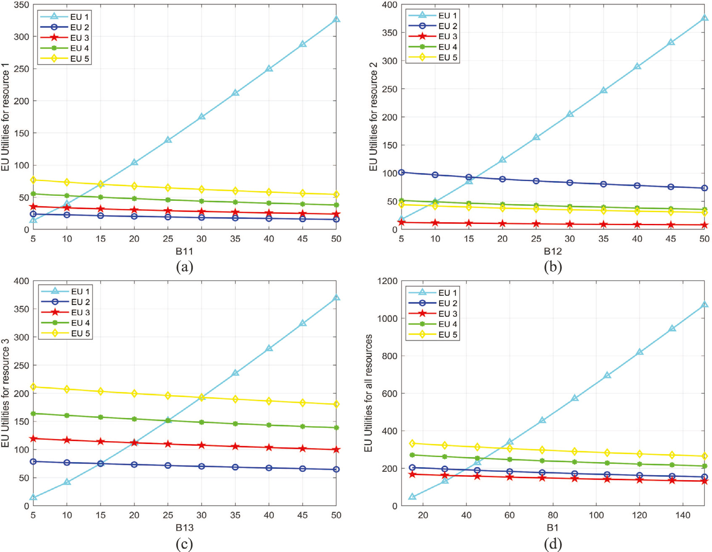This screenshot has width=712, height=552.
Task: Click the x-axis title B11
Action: pos(184,251)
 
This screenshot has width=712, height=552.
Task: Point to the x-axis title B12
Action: pos(552,251)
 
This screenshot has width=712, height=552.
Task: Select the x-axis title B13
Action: pos(184,528)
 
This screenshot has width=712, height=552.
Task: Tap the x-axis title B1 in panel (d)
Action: pos(552,528)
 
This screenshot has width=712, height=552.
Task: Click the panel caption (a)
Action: pos(185,267)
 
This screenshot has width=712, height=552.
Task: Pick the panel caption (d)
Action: pos(553,544)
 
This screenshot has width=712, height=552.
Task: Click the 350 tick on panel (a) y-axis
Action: pos(21,5)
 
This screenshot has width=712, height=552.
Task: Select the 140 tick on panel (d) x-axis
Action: pos(683,515)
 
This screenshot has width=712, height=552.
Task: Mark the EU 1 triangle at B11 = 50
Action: pos(336,19)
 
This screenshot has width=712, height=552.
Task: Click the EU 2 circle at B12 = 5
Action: pos(401,172)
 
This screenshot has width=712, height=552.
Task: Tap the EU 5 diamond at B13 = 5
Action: pos(33,387)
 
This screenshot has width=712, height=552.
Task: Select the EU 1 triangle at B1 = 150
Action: pos(704,305)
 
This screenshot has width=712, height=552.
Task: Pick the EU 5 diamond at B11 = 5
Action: pos(33,180)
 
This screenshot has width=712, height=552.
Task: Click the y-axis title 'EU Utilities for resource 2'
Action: pos(373,116)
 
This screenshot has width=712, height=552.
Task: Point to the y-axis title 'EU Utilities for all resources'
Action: pos(369,393)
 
